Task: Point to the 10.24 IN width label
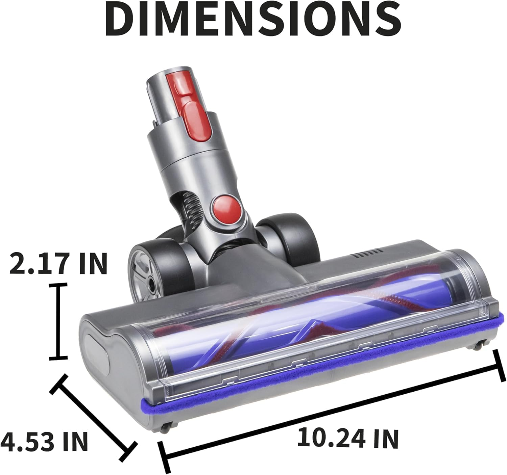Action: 348,438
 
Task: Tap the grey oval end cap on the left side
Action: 96,349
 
